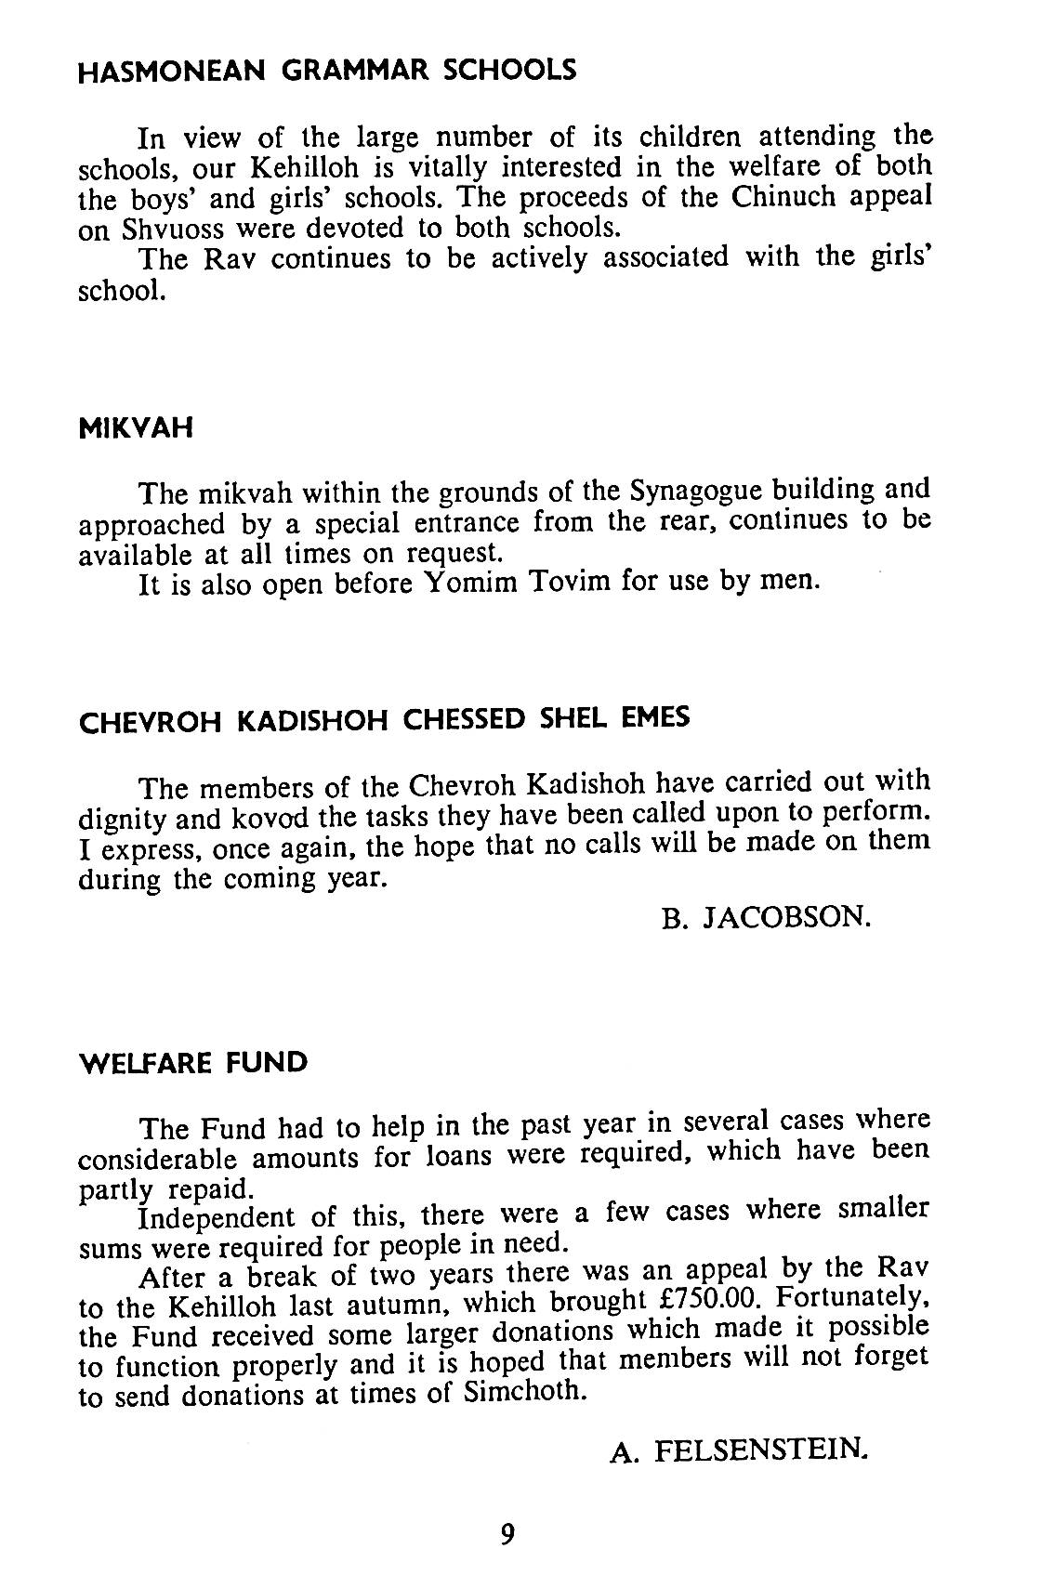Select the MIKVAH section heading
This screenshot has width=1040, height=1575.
pyautogui.click(x=136, y=428)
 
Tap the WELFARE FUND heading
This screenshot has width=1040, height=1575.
pyautogui.click(x=193, y=1062)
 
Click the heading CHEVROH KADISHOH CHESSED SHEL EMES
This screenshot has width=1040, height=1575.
pyautogui.click(x=384, y=720)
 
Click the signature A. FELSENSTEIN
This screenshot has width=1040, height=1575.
pyautogui.click(x=740, y=1450)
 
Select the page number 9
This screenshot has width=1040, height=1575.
pyautogui.click(x=507, y=1533)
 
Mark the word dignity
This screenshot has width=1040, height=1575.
pyautogui.click(x=124, y=820)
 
